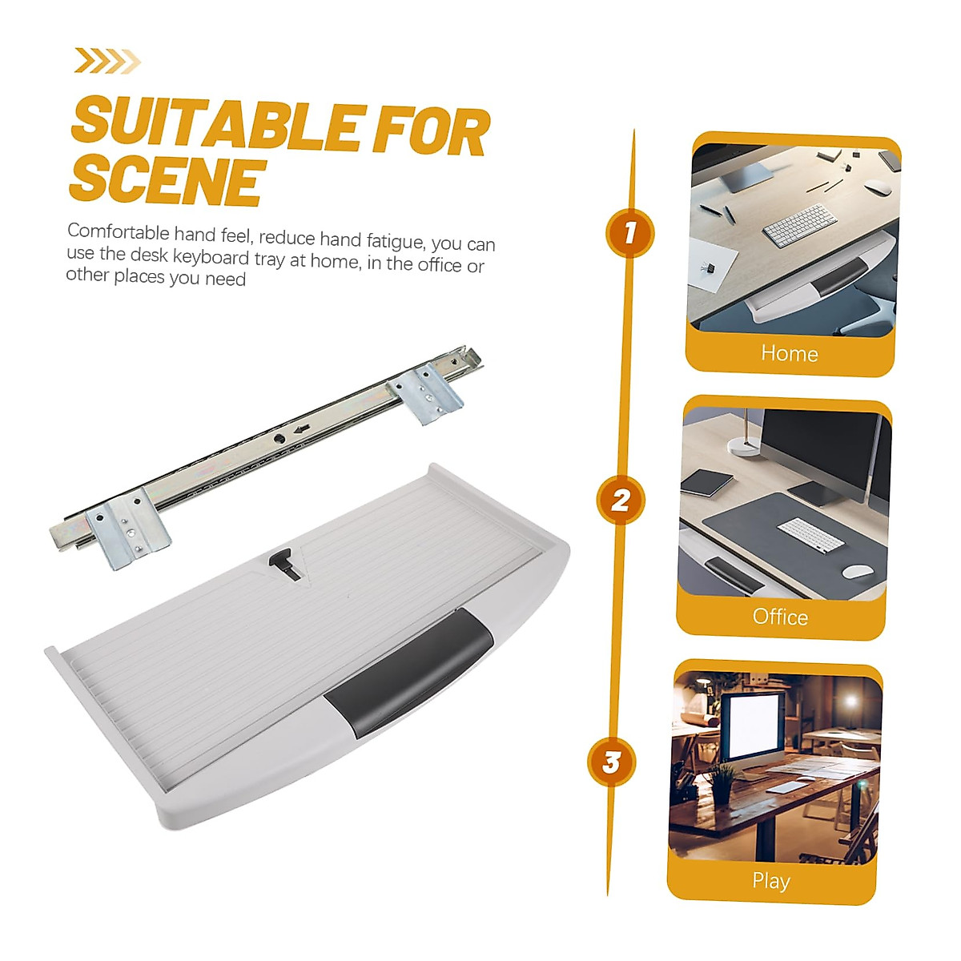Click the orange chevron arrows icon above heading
coord(107,61)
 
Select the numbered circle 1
coord(629,233)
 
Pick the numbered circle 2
coord(620,501)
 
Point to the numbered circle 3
coord(611,762)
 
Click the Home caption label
coord(789,353)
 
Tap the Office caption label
coord(780,617)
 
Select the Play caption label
coord(771,881)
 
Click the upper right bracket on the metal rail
coord(426,392)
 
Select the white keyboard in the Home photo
coord(798,225)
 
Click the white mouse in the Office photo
coord(857,572)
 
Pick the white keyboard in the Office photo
coord(810,534)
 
